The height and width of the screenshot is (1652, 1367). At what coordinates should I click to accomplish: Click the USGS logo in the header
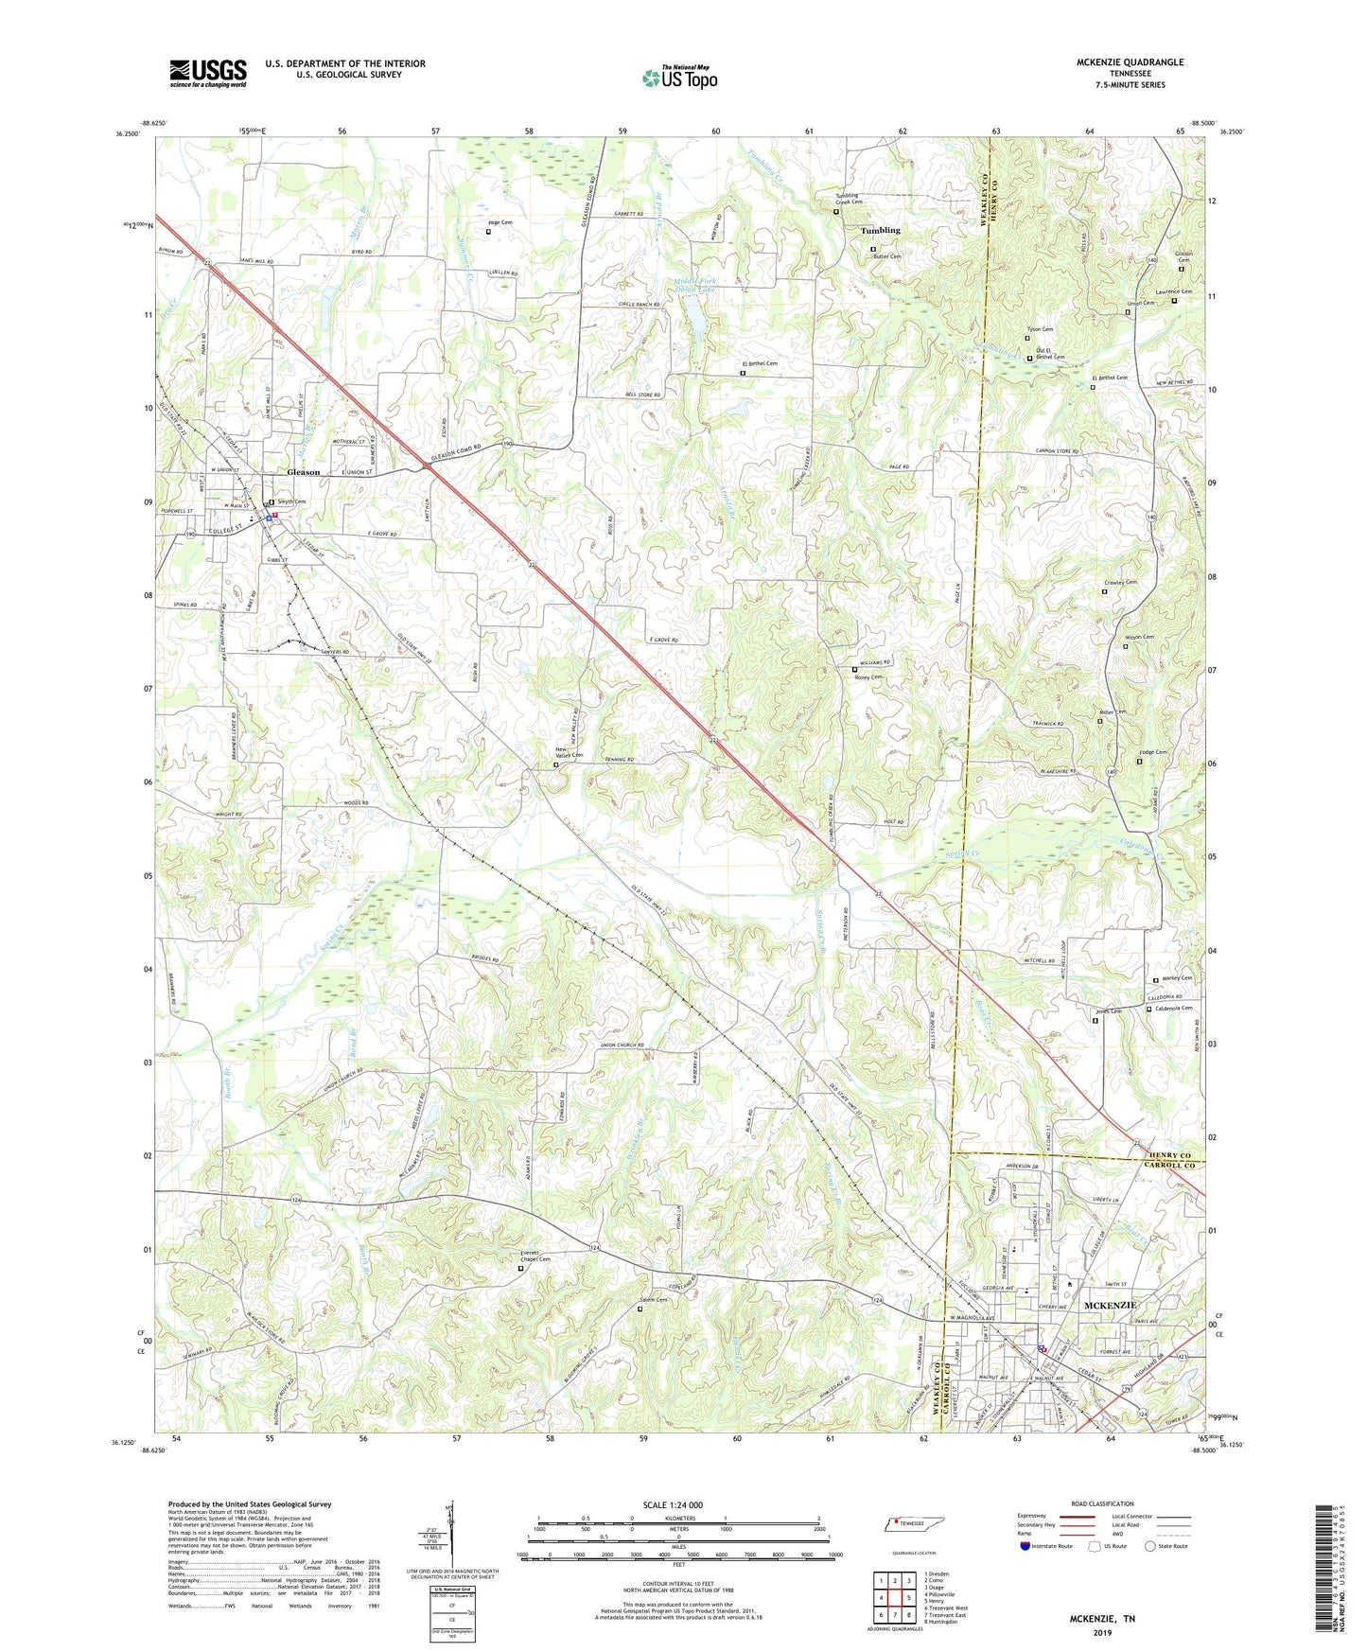[x=207, y=73]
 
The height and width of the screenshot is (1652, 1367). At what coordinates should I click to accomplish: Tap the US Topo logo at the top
[x=679, y=78]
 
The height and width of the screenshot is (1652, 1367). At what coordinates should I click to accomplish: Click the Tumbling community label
[x=880, y=230]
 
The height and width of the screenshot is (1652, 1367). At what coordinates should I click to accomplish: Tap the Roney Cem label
[x=868, y=677]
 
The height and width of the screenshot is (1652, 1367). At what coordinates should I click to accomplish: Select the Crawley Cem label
[x=1120, y=583]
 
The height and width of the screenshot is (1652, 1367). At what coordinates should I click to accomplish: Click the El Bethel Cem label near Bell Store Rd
[x=759, y=364]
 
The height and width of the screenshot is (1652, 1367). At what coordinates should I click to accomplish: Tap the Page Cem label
[x=500, y=221]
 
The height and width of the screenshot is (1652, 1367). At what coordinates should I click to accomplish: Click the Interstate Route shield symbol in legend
[x=1025, y=1546]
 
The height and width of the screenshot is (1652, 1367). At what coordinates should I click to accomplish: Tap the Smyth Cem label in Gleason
[x=291, y=502]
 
